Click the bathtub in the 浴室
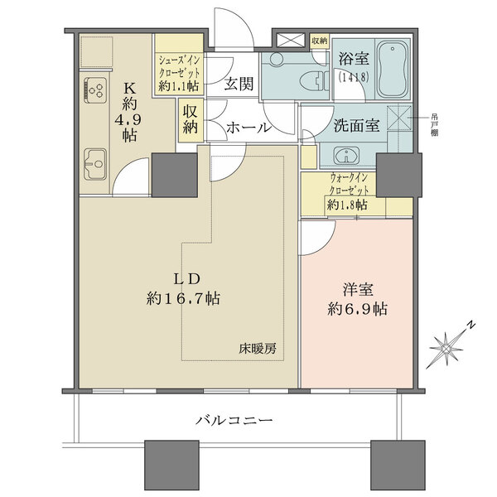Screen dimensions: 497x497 pos(393,69)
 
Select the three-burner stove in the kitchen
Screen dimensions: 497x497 pos(95,90)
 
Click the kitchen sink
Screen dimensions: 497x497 pos(94,164)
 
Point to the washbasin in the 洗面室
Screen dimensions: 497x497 pos(346,156)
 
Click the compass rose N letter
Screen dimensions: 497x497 pos(471,326)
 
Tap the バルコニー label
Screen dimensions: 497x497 pos(234,421)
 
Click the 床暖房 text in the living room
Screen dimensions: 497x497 pos(258,349)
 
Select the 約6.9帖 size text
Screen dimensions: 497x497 pos(357,309)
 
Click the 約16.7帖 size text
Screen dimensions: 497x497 pos(183,298)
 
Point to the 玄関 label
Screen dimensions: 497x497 pos(239,84)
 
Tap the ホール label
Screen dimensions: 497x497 pos(248,128)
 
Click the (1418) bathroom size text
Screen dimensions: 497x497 pos(354,77)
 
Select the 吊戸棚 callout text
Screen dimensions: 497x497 pos(434,125)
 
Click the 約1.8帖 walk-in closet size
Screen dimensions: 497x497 pos(347,205)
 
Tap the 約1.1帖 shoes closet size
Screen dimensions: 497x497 pos(179,85)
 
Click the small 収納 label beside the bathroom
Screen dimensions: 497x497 pos(320,41)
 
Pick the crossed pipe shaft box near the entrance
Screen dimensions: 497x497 pos(291,41)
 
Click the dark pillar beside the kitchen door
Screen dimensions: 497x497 pos(175,175)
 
